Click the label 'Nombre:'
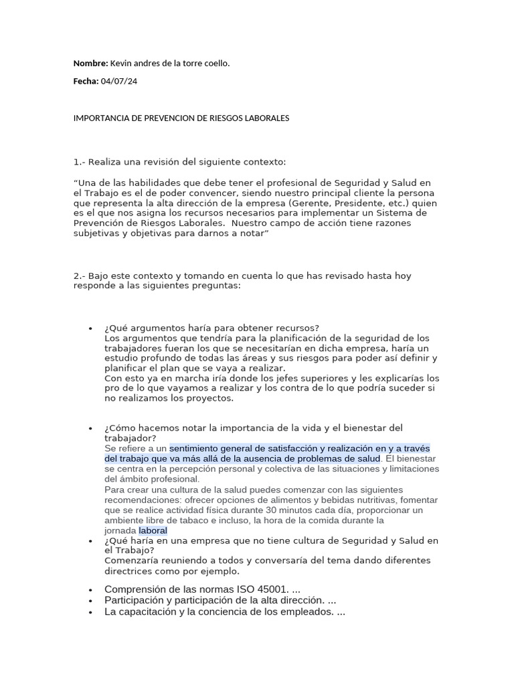pyautogui.click(x=90, y=64)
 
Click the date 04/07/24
pyautogui.click(x=119, y=81)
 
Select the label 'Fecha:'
pyautogui.click(x=86, y=81)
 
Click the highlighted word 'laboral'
pyautogui.click(x=153, y=530)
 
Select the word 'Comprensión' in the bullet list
pyautogui.click(x=135, y=589)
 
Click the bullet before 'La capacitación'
pyautogui.click(x=90, y=613)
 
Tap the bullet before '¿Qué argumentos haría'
pyautogui.click(x=90, y=328)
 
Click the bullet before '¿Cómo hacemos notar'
pyautogui.click(x=90, y=428)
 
